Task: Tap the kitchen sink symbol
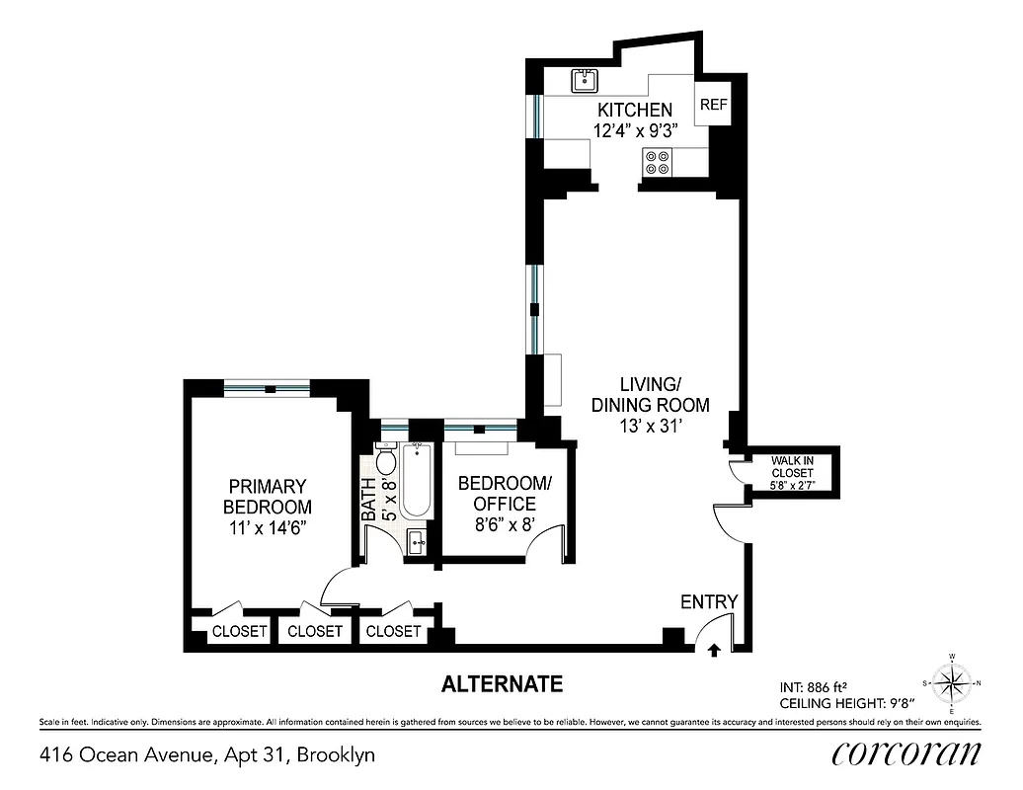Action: click(586, 80)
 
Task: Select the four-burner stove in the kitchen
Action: click(657, 161)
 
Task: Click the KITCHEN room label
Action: click(635, 111)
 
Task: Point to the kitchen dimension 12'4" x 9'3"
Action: click(635, 130)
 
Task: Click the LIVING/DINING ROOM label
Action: click(650, 394)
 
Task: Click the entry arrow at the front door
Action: click(714, 649)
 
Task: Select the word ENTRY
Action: click(708, 602)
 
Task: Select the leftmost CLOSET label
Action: click(239, 631)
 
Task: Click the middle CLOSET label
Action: click(315, 631)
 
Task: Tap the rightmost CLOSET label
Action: click(393, 631)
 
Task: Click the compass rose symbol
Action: click(952, 682)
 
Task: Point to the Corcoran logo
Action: click(906, 753)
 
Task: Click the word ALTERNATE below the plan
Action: click(502, 683)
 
